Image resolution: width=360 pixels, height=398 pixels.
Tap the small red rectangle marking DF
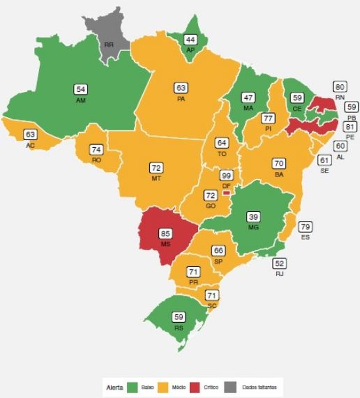coord(226,193)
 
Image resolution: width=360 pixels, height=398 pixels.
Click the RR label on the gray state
coord(109,45)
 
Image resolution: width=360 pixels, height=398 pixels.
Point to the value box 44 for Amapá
coord(190,39)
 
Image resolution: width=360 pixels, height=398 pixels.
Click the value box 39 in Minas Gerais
coord(253,217)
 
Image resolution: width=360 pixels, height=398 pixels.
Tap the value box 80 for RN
coord(340,87)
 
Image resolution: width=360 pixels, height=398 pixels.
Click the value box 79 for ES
coord(305,227)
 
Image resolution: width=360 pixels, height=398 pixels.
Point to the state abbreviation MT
coord(157,178)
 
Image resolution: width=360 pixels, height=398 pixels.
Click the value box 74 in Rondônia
coord(97,149)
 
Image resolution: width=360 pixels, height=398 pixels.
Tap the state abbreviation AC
coord(30,145)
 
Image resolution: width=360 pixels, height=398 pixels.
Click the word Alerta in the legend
coord(115,387)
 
